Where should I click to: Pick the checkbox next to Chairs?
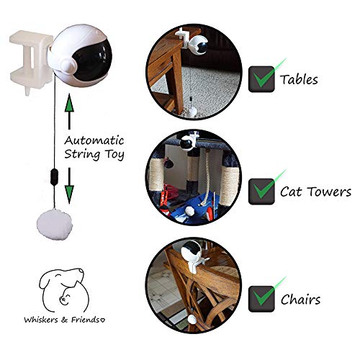[261, 297]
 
